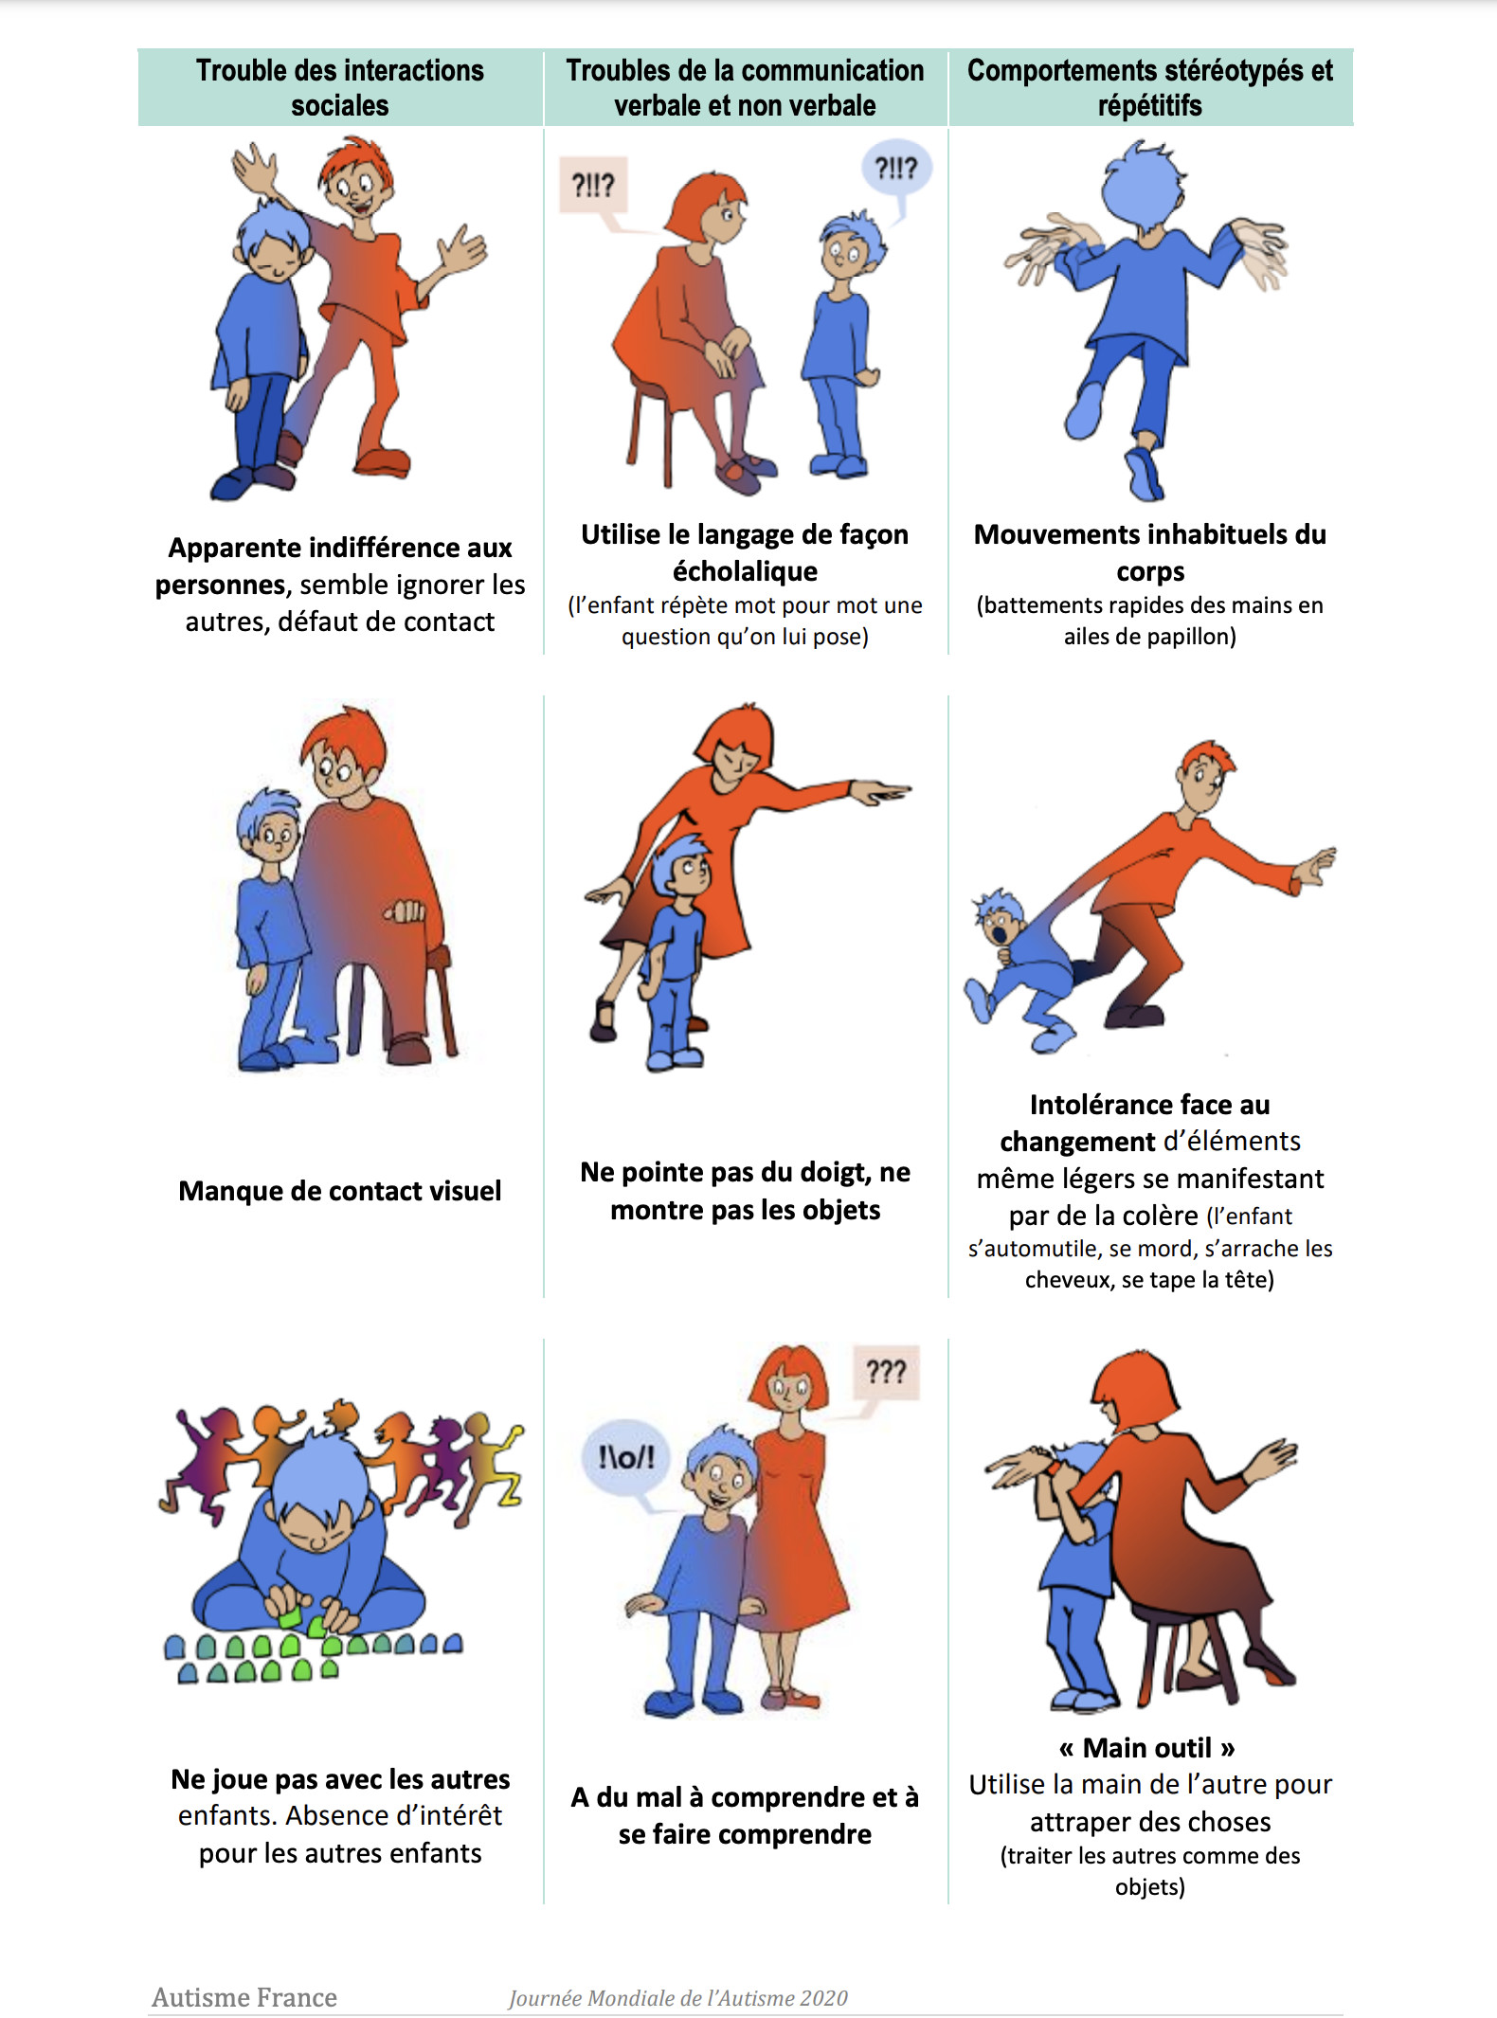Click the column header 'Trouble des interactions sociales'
tap(339, 87)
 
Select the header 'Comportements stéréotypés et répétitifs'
tap(1149, 87)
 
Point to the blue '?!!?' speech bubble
tap(895, 169)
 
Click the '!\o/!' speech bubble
tap(625, 1457)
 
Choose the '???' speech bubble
tap(886, 1371)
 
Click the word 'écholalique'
tap(745, 571)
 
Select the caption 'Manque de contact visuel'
tap(339, 1191)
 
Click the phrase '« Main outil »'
tap(1147, 1747)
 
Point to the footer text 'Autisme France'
tap(244, 1997)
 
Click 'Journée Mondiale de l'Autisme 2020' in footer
tap(678, 1998)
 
